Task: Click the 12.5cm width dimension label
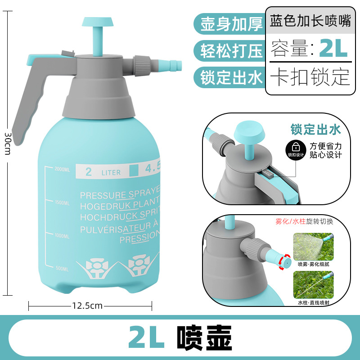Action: tap(87, 306)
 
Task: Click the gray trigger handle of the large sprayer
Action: tap(31, 94)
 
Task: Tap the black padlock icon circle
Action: tap(296, 147)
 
